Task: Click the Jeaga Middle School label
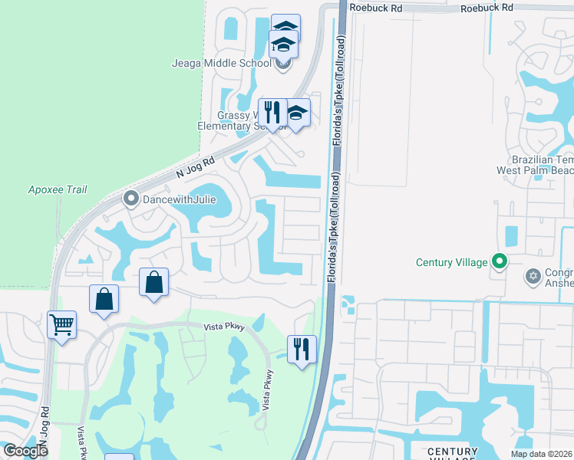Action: click(x=238, y=63)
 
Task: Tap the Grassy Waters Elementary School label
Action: click(x=245, y=121)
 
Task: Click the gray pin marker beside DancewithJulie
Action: click(x=130, y=199)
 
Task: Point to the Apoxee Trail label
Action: click(x=58, y=189)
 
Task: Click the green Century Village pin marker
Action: click(x=500, y=262)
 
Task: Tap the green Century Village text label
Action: click(x=451, y=262)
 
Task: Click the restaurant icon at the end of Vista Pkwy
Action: click(x=302, y=349)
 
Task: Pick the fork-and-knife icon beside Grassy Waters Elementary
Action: click(x=272, y=112)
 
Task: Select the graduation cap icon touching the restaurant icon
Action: click(x=296, y=112)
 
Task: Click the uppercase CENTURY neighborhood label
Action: click(x=452, y=451)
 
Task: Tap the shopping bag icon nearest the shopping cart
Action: click(x=104, y=299)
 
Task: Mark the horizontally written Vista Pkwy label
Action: click(x=223, y=327)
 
